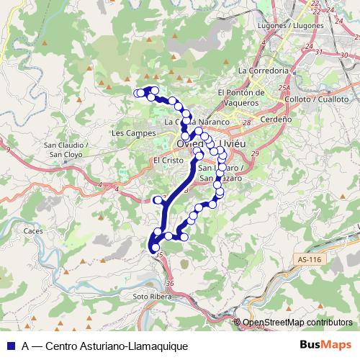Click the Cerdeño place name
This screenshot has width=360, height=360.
pos(275,119)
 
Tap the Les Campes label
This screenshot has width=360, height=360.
pos(129,133)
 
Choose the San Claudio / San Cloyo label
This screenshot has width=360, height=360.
pos(67,149)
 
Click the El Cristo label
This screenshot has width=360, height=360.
pos(165,161)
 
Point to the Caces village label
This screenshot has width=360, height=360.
pos(33,231)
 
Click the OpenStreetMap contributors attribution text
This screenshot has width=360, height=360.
pos(297,323)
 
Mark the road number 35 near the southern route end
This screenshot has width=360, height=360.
pos(159,255)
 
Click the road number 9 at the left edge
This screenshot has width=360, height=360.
pos(6,148)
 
